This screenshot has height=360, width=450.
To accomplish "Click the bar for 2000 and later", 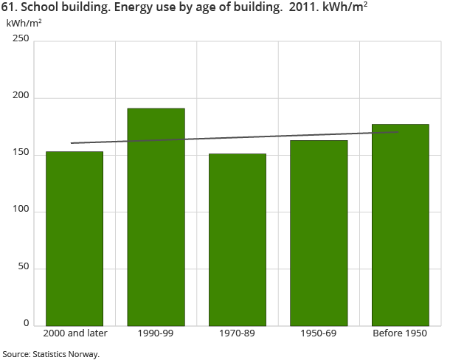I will point(75,238).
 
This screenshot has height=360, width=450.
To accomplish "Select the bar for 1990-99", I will point(156,217).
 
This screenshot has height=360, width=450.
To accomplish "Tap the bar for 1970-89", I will point(238,239).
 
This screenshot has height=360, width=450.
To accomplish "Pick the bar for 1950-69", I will point(319,232).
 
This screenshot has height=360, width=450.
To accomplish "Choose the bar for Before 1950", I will point(400,224).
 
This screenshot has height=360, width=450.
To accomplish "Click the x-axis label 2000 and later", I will point(76,333).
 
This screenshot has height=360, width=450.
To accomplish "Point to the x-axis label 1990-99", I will point(156,333).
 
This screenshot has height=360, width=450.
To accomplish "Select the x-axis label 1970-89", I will point(238,333).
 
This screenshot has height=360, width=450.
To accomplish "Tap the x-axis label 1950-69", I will point(319,333).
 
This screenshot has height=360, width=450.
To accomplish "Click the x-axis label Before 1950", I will point(400,333).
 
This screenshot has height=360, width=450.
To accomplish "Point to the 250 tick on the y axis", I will point(20,41).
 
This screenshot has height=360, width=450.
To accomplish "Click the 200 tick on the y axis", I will point(20,97).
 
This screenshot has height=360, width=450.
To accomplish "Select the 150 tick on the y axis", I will point(20,154).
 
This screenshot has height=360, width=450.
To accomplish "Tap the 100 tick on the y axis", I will point(20,211).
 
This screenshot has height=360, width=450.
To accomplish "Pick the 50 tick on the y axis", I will point(22,268).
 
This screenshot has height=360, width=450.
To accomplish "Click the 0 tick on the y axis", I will point(25,324).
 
